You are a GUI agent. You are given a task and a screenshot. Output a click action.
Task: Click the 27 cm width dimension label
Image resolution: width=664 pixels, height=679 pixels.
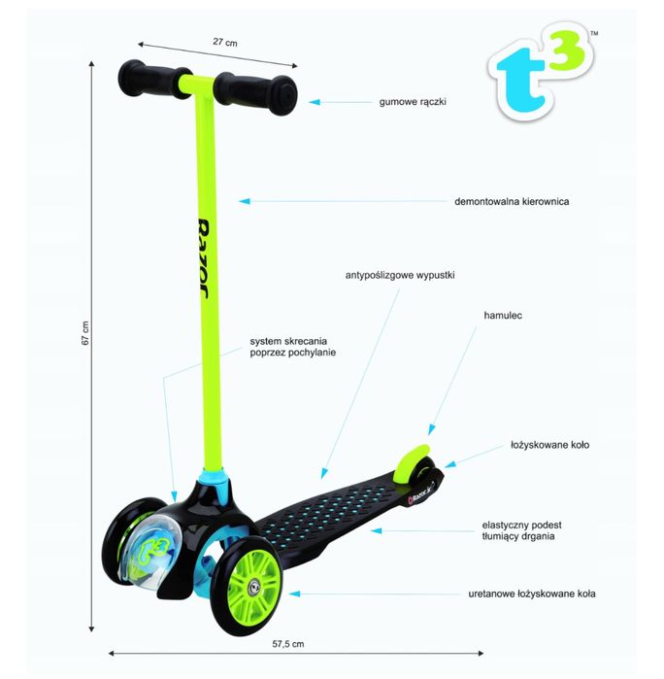click(225, 43)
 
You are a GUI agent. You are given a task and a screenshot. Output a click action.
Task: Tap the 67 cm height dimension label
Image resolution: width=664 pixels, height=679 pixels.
click(85, 333)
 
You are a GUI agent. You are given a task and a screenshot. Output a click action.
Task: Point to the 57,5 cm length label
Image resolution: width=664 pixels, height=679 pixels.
click(288, 643)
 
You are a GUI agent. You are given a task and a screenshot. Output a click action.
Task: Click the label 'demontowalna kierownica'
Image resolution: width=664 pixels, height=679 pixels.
click(511, 202)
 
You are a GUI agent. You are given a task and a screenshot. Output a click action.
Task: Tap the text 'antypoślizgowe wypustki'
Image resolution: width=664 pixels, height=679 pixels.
click(400, 276)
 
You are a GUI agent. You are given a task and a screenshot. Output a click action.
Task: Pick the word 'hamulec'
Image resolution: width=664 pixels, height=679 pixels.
click(503, 317)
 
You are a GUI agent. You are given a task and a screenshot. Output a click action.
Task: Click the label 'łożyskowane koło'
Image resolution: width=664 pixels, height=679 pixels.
click(549, 445)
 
